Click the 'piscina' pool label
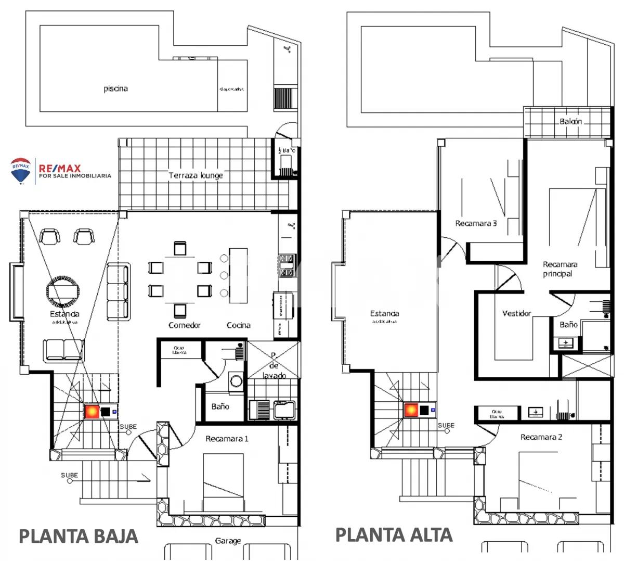(x=115, y=88)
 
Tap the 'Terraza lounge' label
(x=196, y=175)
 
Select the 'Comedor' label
(x=185, y=325)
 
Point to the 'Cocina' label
(x=239, y=325)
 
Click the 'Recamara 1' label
(x=227, y=439)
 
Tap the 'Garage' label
(x=228, y=541)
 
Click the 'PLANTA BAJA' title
(x=79, y=536)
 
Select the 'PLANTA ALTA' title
(x=394, y=534)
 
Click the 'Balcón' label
(x=570, y=121)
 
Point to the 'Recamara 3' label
(x=476, y=223)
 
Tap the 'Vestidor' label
(x=517, y=313)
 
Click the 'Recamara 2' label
(x=541, y=437)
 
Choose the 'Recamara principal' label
(x=560, y=269)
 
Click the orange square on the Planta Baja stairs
(x=92, y=412)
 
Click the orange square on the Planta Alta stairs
(x=412, y=411)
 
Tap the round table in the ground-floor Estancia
(x=62, y=289)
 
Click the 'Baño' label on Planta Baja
(x=220, y=406)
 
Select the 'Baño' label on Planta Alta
(x=568, y=324)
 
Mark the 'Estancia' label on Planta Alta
(x=385, y=313)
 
